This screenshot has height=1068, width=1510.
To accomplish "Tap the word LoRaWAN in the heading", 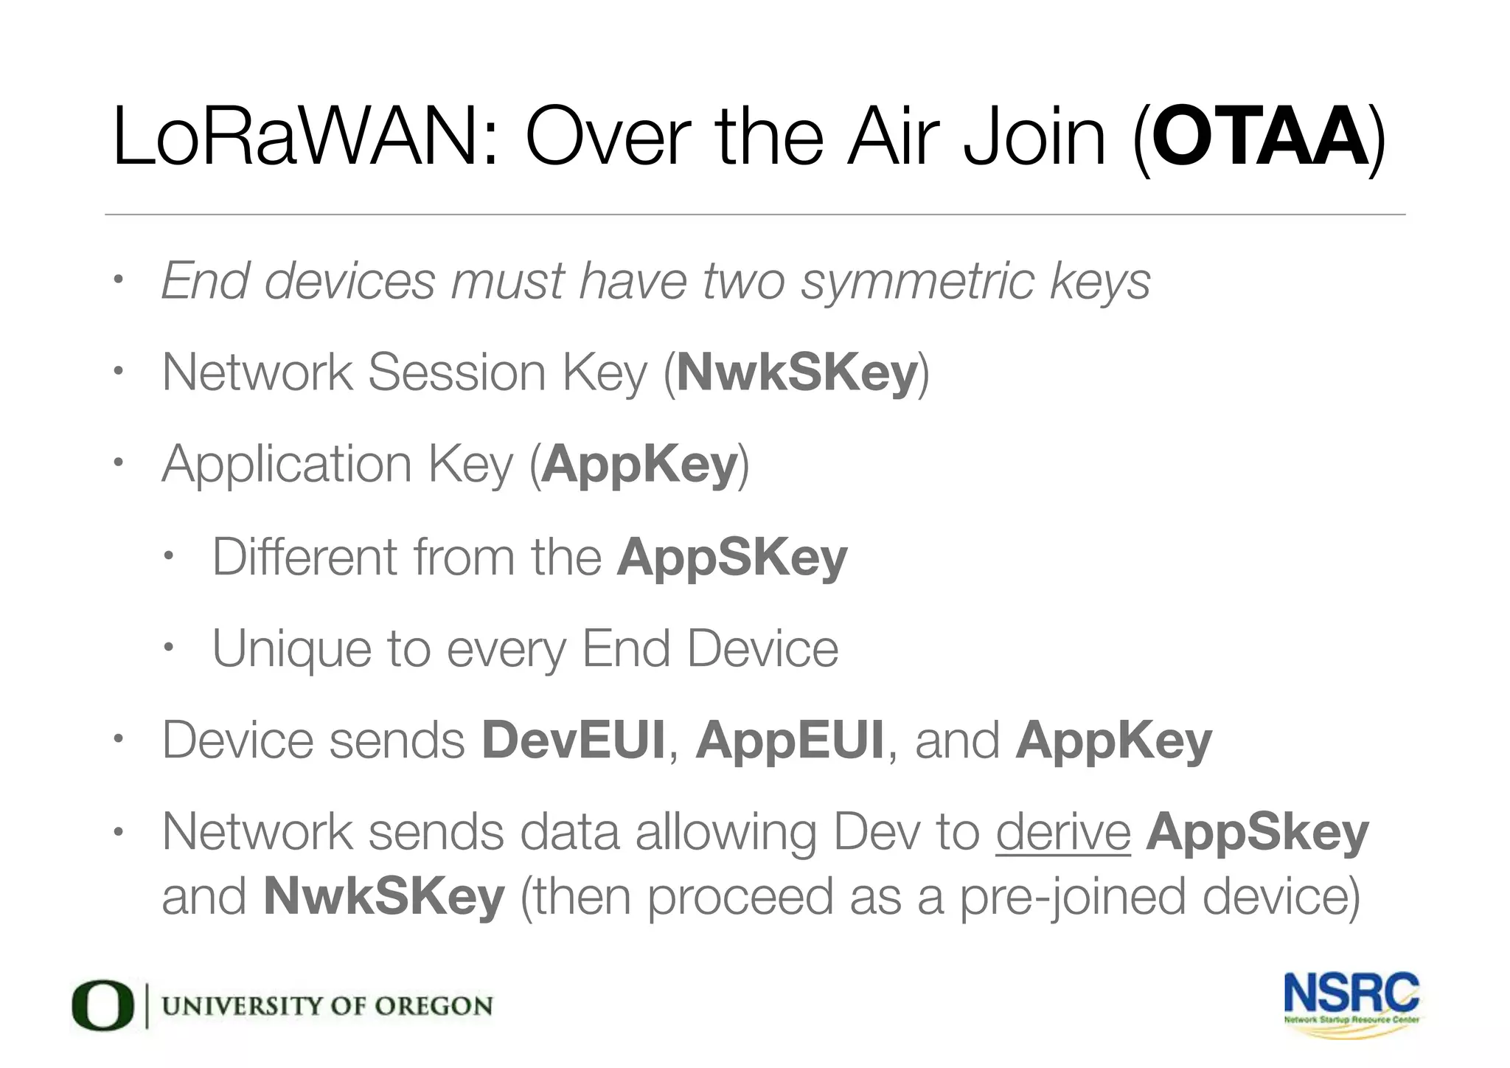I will click(x=294, y=137).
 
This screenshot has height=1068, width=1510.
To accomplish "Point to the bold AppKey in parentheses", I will click(x=639, y=465).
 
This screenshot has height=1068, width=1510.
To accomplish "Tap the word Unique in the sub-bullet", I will click(x=290, y=649).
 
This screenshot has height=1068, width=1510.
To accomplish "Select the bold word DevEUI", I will click(x=573, y=740).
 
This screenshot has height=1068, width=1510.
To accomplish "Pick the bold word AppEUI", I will click(x=790, y=740).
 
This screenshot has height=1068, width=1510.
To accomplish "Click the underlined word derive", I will click(x=1062, y=832).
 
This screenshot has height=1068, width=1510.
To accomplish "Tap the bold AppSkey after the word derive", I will click(x=1257, y=832).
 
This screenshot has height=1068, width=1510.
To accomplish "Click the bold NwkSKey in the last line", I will click(x=384, y=896).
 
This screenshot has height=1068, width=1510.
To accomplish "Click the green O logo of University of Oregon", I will click(x=102, y=1005).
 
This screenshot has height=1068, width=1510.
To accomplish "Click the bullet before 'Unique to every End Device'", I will click(x=167, y=648).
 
